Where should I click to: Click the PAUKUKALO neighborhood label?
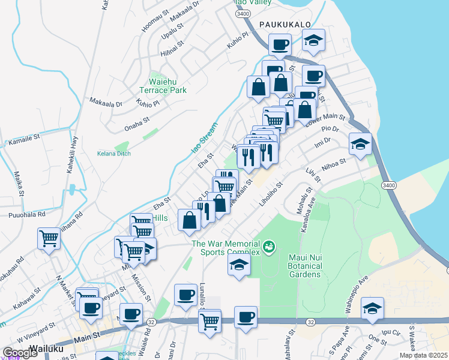[284, 24]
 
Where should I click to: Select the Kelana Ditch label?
[113, 153]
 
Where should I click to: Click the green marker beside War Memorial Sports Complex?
[269, 246]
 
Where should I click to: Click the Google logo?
[20, 352]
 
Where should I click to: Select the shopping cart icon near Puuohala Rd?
[49, 238]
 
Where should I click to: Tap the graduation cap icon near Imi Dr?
[360, 144]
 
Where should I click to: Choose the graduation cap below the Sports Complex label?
[239, 265]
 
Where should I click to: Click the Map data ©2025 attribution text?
[423, 355]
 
